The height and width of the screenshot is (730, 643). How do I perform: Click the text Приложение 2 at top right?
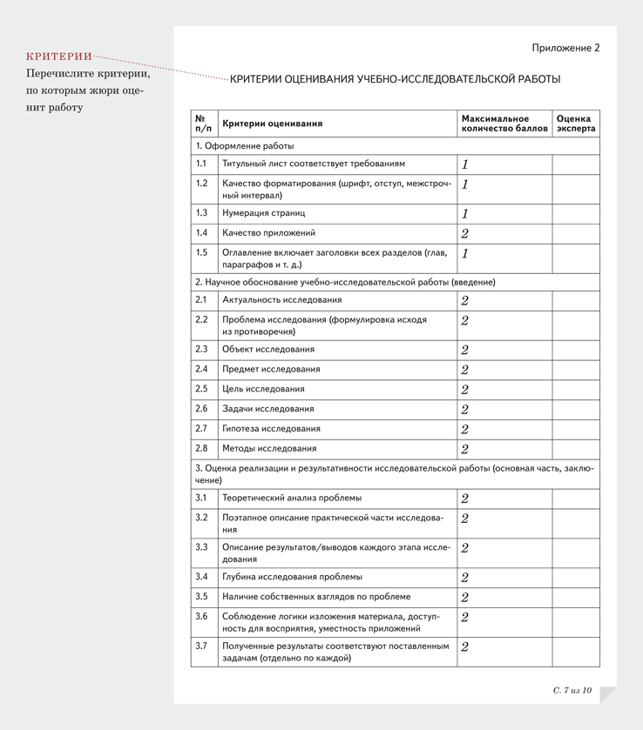coord(565,48)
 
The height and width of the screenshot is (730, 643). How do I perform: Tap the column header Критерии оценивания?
coord(272,124)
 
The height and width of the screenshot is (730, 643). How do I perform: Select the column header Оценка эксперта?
coord(575,124)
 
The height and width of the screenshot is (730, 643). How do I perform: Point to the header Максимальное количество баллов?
coord(504,124)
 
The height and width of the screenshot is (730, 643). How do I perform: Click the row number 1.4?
coord(202,233)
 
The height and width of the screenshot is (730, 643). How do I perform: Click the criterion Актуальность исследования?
coord(281,300)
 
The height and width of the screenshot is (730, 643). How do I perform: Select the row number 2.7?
coord(202,429)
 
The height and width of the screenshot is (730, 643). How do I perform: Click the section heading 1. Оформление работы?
coord(244,146)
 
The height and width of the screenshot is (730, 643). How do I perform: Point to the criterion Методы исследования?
coord(268,449)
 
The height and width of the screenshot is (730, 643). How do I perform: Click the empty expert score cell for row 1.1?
coord(575,164)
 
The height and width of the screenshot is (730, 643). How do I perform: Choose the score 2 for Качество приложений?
coord(464,233)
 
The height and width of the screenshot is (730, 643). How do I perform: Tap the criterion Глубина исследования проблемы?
coord(292,577)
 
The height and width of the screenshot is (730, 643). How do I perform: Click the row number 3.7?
coord(202,646)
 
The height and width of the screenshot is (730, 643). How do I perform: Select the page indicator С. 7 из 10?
coord(572,690)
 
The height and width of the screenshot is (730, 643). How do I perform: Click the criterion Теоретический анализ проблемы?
coord(292,499)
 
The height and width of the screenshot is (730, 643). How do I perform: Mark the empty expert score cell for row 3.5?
coord(575,597)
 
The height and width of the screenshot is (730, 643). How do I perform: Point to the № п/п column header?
coord(203,124)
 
